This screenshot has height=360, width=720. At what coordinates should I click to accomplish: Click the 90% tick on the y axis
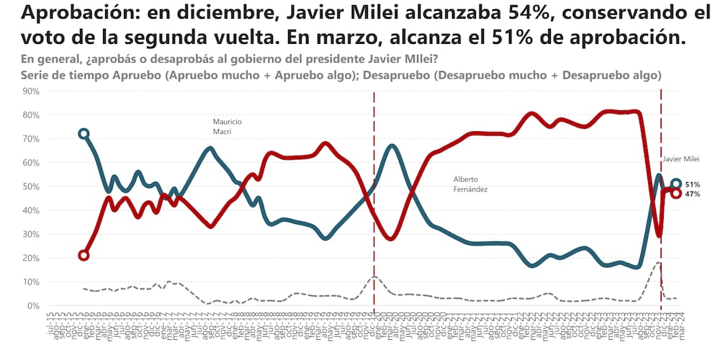coord(31,91)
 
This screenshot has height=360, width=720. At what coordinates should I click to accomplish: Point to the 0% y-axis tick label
coord(34,305)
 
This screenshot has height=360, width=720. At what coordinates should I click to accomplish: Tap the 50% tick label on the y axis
coord(31,186)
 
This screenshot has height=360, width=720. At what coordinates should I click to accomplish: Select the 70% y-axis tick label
coord(31,138)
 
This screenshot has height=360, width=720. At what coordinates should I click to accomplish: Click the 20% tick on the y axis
coord(31,258)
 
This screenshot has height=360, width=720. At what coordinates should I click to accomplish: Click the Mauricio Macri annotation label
coord(227,127)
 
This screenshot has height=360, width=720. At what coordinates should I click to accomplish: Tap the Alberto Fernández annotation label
coord(471,184)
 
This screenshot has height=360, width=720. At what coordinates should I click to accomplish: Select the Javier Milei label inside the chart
coord(681,159)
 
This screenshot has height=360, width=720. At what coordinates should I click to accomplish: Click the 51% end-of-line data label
coord(693,184)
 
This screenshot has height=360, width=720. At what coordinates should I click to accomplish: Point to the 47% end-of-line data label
coord(693,194)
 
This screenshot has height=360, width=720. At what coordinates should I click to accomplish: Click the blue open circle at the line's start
coord(84,134)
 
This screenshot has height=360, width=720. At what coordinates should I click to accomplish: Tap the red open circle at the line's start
coord(84,255)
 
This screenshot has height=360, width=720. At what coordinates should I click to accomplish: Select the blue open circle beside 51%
coord(676,184)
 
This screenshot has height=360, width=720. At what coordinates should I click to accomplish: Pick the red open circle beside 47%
coord(676,193)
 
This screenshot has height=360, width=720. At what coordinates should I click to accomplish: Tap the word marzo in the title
coord(452,37)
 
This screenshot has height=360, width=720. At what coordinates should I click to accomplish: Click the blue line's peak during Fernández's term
coord(392,146)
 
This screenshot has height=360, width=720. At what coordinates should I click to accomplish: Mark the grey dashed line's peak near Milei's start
coord(658,264)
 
